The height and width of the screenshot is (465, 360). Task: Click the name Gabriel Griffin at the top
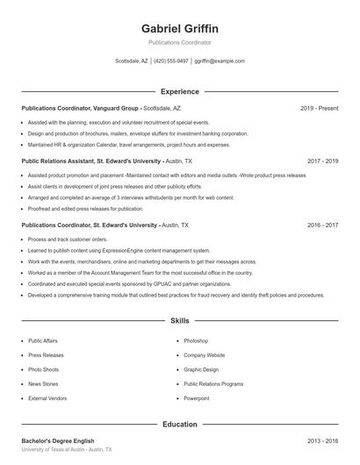(180, 28)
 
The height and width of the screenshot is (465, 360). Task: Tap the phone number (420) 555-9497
(171, 61)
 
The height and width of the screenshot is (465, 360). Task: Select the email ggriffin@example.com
(220, 61)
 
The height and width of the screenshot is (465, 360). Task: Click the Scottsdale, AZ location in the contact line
(132, 61)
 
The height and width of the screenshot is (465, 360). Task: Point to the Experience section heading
(180, 91)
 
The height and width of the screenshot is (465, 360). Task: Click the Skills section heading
(180, 321)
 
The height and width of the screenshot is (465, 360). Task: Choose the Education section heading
(180, 425)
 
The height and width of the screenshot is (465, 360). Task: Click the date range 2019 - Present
(319, 108)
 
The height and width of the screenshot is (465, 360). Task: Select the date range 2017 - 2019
(322, 161)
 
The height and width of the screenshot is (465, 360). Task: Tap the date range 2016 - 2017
(322, 225)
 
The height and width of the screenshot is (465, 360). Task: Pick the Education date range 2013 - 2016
(322, 440)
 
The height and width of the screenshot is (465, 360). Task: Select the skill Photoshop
(196, 340)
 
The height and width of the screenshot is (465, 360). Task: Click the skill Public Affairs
(43, 340)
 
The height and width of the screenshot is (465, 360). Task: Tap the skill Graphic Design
(201, 369)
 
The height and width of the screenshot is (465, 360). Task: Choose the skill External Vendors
(47, 398)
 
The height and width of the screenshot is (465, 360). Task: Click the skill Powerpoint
(197, 398)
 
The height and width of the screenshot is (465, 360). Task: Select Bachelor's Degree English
(58, 440)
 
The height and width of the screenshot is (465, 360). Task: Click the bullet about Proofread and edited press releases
(85, 209)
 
